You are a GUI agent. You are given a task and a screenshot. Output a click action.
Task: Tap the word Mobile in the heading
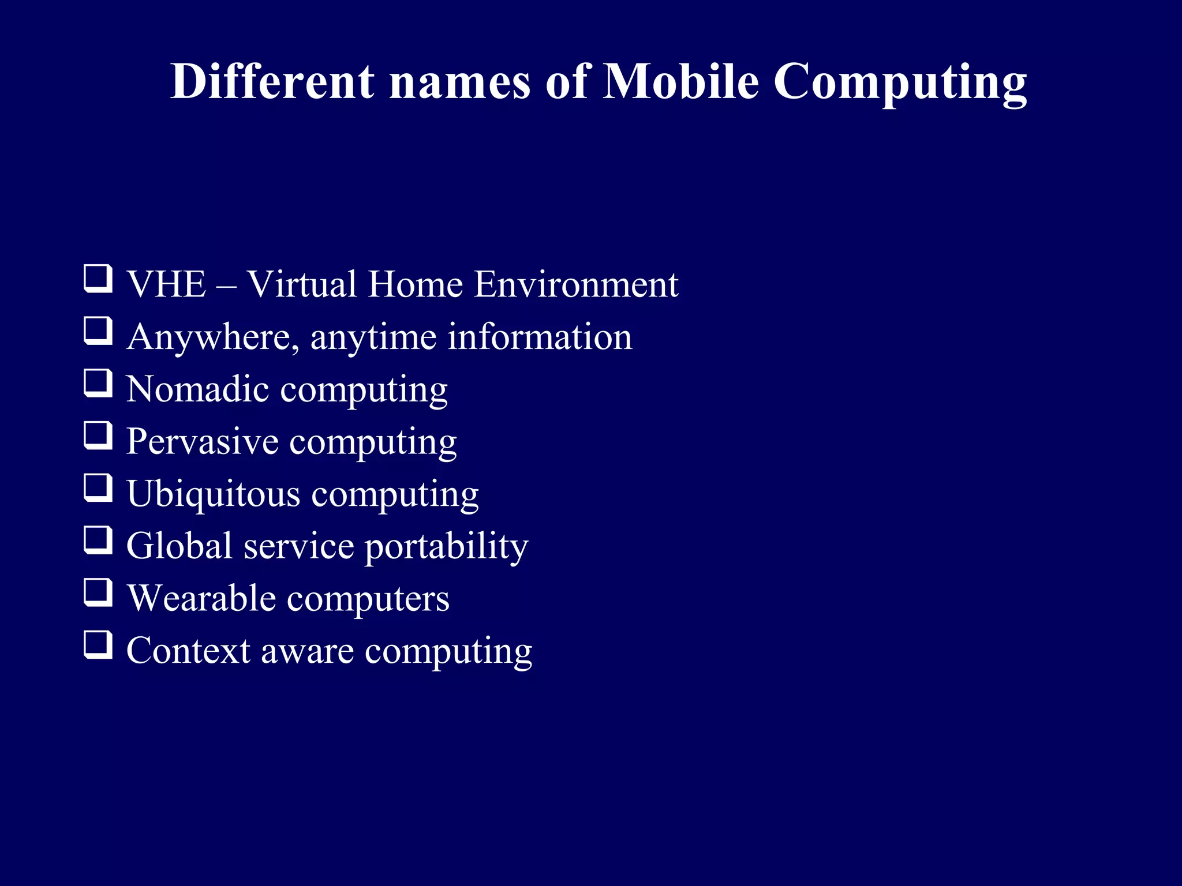680,81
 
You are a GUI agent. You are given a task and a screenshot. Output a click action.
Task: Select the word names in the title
459,82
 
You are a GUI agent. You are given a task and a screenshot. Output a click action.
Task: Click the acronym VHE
166,284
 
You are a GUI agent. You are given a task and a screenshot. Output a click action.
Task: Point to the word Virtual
302,284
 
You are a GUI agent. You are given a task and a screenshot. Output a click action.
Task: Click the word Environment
576,284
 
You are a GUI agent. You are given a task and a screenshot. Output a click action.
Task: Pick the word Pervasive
203,441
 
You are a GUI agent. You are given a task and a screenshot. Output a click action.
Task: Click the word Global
179,546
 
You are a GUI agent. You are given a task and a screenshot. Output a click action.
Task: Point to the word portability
446,547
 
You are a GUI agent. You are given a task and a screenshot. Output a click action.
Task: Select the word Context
188,651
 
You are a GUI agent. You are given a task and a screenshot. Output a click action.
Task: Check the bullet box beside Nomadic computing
98,383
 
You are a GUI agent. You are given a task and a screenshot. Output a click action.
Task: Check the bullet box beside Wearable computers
98,592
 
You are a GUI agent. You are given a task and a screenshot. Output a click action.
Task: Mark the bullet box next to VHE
98,279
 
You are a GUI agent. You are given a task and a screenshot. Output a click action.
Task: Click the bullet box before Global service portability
98,540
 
